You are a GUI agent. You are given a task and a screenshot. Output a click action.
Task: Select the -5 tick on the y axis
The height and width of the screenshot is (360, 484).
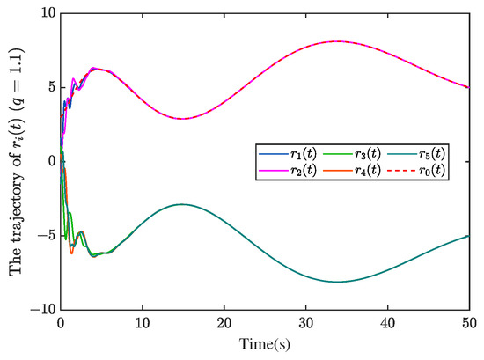[x=44, y=236]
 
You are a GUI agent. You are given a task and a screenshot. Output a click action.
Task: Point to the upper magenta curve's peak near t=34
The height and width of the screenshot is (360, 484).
[x=338, y=41]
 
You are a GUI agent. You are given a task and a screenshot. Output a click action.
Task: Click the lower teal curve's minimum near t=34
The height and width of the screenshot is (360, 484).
[x=338, y=282]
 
